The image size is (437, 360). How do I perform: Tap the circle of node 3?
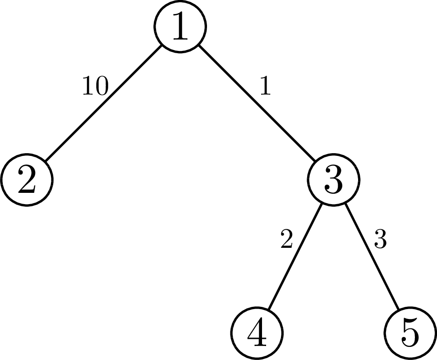[333, 179]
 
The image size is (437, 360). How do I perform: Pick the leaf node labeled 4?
[257, 333]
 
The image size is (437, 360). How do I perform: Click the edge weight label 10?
[95, 87]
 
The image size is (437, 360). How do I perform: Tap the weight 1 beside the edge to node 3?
[265, 86]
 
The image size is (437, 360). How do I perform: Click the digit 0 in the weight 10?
[101, 87]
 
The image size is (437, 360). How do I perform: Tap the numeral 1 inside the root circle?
[180, 27]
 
